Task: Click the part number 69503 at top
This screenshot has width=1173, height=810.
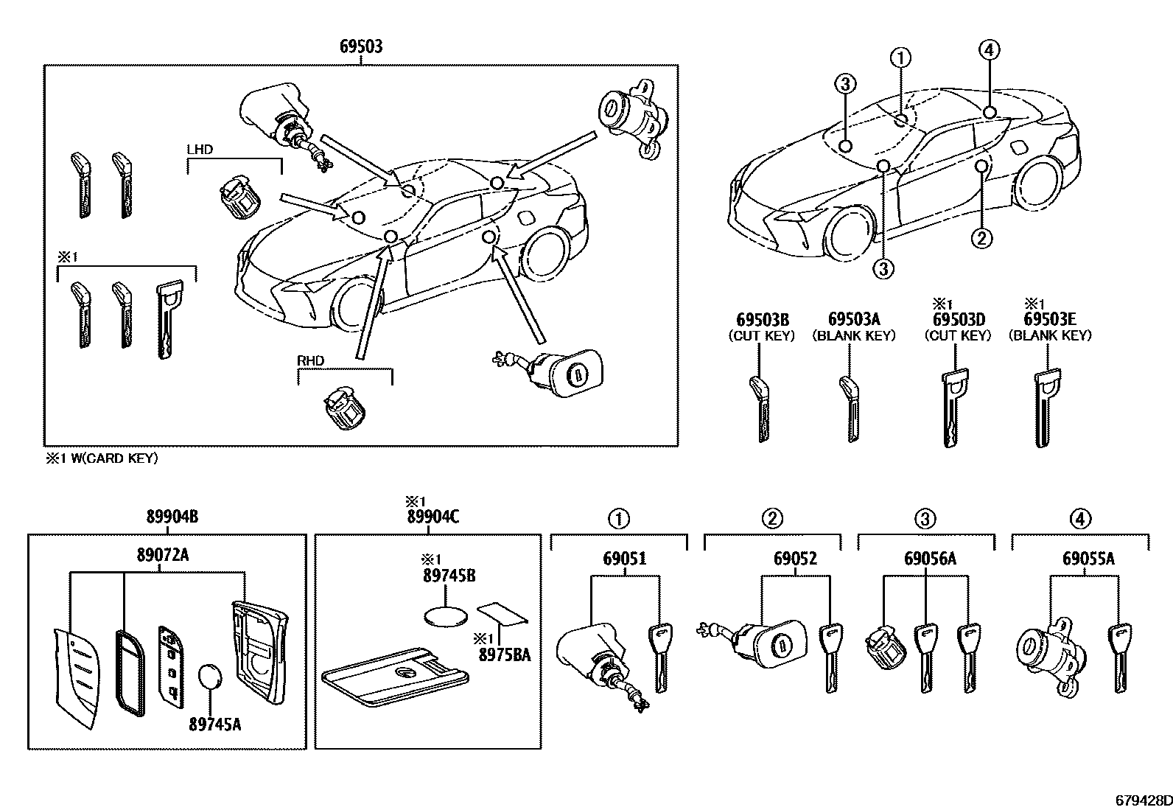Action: click(361, 47)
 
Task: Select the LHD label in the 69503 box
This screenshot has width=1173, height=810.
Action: click(200, 150)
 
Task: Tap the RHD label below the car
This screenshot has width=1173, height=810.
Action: click(310, 361)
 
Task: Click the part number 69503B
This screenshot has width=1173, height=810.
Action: click(763, 319)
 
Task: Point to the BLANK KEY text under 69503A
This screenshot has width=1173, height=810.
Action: click(854, 335)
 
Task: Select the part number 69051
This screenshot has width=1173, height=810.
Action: click(625, 559)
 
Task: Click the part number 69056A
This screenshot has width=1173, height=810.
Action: click(930, 559)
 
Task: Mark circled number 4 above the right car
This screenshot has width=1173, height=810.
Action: click(989, 50)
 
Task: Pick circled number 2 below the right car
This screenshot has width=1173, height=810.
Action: click(981, 237)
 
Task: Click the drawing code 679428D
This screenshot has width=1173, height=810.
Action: click(1141, 800)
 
